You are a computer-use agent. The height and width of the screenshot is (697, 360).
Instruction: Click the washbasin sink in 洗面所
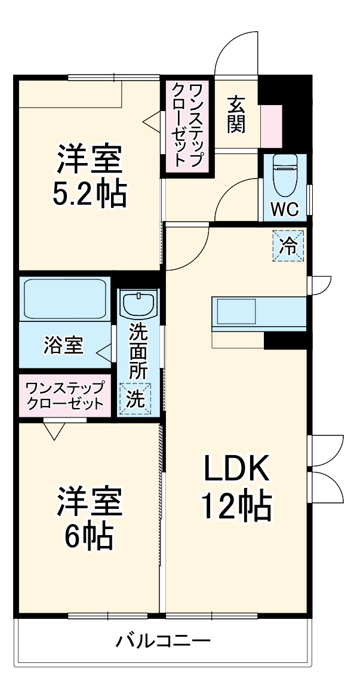tap(138, 305)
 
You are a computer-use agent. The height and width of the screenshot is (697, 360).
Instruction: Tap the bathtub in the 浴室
tap(64, 299)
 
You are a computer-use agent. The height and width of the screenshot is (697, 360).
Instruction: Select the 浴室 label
tap(63, 345)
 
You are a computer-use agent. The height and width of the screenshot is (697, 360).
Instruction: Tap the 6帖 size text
tap(90, 535)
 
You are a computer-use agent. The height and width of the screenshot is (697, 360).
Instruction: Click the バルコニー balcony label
tap(162, 642)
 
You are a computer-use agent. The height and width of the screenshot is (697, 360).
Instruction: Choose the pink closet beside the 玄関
tap(187, 127)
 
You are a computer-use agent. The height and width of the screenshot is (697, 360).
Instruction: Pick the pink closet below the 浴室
tap(64, 395)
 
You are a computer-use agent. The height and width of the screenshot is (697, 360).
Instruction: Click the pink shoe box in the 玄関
tap(271, 126)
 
